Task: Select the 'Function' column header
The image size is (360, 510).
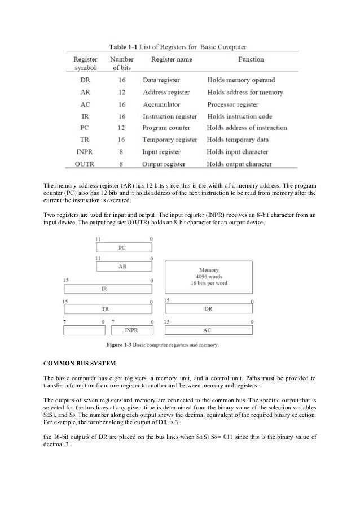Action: coord(243,59)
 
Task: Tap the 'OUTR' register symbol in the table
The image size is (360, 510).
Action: coord(85,164)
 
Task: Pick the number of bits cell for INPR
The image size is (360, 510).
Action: coord(121,152)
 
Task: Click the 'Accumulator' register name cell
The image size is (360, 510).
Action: coord(161,104)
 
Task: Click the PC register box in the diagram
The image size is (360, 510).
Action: coord(125,247)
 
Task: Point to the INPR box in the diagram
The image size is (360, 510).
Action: coord(131,330)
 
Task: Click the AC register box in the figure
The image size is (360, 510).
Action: coord(208,330)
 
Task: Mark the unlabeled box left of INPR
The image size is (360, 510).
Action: coord(84,330)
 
